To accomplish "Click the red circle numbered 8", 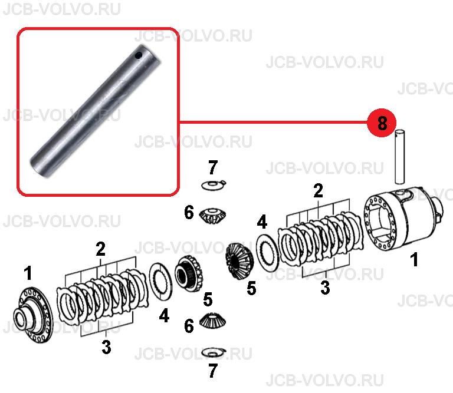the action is pos(382,123).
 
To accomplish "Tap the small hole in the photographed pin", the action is pos(139,55).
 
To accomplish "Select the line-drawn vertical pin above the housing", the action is pos(399,156).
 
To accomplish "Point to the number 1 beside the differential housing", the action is pos(414,259).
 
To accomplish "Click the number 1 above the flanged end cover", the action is pos(28,273).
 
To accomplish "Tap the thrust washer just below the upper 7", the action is pos(214,184).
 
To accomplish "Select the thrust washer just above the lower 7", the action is pos(214,352).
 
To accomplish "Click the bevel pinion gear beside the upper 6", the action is pos(213,216).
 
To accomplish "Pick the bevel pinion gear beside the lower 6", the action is pos(213,321).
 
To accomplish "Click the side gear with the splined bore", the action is pos(189,272).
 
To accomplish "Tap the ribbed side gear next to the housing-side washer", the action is pos(239,262).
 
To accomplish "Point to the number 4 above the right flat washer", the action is pos(262,222).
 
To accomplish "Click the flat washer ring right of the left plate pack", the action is pos(160,281).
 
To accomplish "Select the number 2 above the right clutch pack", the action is pos(318,191).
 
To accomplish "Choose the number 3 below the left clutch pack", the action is pos(106,347).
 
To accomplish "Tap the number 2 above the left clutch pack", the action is pos(100,249).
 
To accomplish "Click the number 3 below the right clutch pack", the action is pos(325,288).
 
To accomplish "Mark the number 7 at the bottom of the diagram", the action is pos(212,371).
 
